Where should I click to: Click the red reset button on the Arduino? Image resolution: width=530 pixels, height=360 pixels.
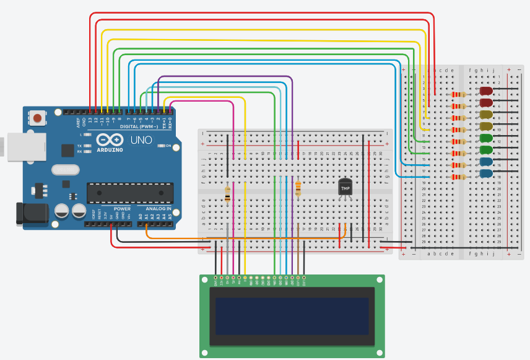coord(38,118)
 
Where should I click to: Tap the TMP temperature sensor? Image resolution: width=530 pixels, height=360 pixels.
coord(345,187)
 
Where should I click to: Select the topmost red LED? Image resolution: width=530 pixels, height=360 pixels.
coord(487,90)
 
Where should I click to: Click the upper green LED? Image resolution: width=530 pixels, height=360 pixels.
coord(487,138)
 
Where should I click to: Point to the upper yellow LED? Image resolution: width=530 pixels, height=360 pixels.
coord(487,115)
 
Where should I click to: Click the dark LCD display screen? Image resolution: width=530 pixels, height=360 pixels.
coord(292,316)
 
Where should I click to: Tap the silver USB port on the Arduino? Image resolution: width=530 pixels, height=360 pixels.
coord(13,145)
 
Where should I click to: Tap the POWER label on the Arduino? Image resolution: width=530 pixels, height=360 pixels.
coord(122,209)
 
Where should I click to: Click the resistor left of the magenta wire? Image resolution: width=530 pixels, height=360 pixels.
coord(227,195)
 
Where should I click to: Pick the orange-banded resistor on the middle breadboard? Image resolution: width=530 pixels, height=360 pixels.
coord(298,187)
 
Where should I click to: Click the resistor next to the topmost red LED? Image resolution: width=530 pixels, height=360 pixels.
coord(458,94)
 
